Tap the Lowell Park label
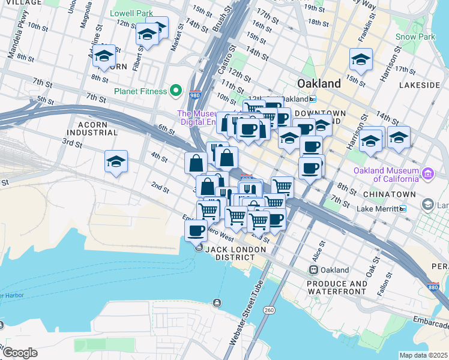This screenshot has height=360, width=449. point(131,13)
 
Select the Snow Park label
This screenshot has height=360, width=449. point(415,37)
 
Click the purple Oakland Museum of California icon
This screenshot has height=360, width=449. point(427,174)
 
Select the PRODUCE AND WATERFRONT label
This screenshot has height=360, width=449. point(337,287)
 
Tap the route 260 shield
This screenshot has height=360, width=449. point(269,310)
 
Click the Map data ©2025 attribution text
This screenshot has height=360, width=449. point(423,355)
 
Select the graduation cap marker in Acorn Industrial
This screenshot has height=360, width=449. point(116,162)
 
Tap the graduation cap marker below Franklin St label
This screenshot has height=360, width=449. point(361,61)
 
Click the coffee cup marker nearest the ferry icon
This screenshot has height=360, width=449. point(196,231)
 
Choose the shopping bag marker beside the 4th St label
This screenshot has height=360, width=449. point(196,163)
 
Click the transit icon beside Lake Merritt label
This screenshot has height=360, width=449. point(402,208)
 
